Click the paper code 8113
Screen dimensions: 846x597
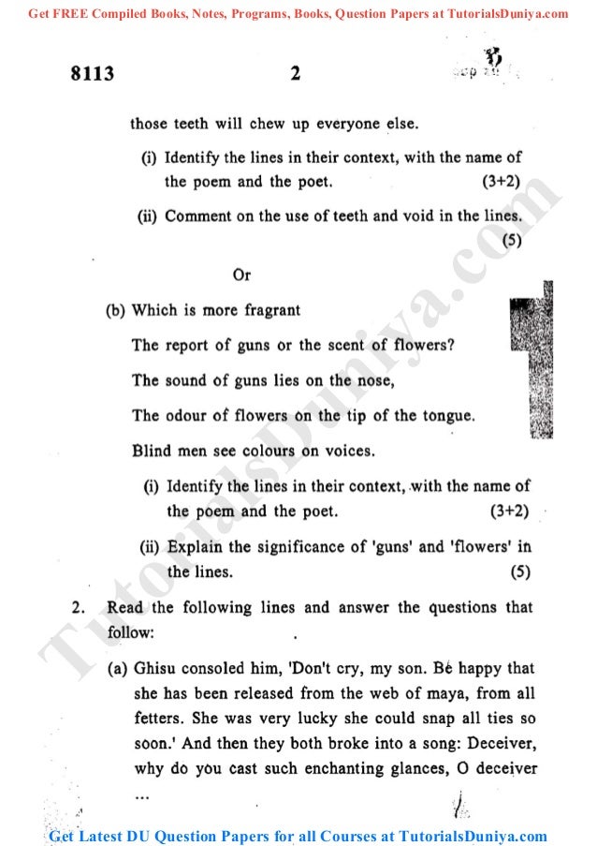tap(93, 74)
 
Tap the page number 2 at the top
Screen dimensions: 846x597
tap(295, 74)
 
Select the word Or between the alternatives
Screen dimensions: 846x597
tap(241, 275)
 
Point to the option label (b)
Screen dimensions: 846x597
tap(115, 310)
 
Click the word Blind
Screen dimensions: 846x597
tap(152, 451)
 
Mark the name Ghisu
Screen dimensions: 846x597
tap(153, 669)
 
